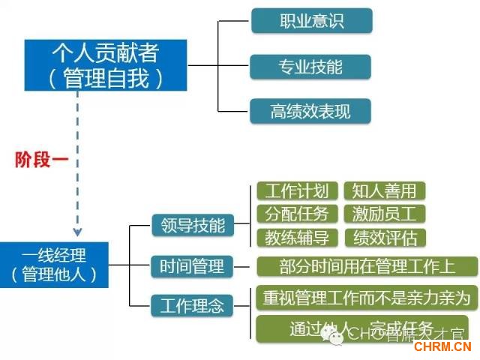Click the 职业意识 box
(310, 20)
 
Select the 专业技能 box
(310, 66)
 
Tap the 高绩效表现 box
(310, 112)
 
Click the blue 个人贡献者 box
(105, 65)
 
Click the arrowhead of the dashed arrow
(77, 232)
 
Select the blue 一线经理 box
(54, 265)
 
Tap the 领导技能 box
(192, 225)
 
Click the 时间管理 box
(192, 265)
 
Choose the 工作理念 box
(192, 305)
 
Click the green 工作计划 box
(297, 190)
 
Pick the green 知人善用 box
(384, 190)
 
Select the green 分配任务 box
(297, 214)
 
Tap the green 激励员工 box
(384, 214)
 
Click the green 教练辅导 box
(297, 238)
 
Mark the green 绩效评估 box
(384, 238)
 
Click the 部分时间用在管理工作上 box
(367, 266)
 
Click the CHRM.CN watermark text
(442, 346)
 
